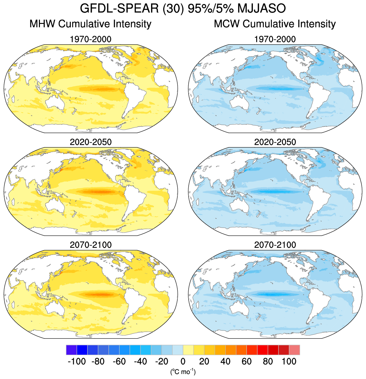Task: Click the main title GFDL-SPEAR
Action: coord(119,8)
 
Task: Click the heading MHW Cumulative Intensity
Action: coord(91,24)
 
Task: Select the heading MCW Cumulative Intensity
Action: coord(275,24)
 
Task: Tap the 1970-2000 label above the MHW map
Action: coord(91,39)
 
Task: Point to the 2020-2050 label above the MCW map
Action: coord(275,142)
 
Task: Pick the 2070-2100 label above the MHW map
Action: coord(91,245)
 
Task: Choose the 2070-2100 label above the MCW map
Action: coord(275,245)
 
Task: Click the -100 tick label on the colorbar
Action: coord(77,361)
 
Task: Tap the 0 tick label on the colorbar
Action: coord(183,361)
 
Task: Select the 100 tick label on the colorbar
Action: coord(289,361)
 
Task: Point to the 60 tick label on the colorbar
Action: coord(247,361)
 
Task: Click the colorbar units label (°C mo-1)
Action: coord(183,371)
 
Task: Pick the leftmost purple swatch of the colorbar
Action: coord(71,350)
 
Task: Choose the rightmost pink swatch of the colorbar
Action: coord(295,350)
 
